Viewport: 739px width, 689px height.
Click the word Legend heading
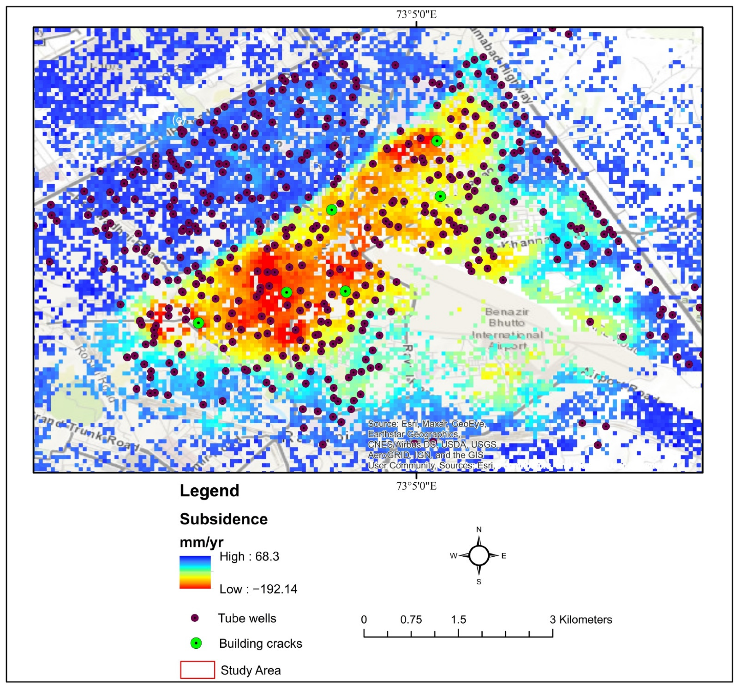click(x=209, y=491)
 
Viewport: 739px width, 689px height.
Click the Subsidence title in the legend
click(x=224, y=519)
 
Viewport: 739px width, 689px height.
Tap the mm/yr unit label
click(x=201, y=542)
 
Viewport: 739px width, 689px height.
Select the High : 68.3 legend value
click(x=249, y=556)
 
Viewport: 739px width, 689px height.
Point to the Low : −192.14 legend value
click(x=258, y=589)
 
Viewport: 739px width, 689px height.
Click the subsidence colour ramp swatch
click(x=195, y=572)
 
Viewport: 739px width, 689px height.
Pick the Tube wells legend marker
click(x=195, y=618)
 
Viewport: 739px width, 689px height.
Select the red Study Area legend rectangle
click(x=197, y=670)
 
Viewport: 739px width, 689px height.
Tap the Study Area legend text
click(x=251, y=670)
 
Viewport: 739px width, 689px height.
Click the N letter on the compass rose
click(x=479, y=529)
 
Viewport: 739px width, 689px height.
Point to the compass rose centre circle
click(x=479, y=555)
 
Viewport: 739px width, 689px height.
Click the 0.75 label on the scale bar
click(x=411, y=620)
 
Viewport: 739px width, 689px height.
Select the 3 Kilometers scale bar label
click(x=580, y=620)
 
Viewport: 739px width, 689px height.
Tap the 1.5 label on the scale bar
click(x=458, y=620)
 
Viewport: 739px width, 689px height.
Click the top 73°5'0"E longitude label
click(x=416, y=15)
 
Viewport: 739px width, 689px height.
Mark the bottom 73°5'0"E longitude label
click(x=416, y=486)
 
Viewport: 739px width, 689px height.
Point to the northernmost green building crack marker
click(x=437, y=141)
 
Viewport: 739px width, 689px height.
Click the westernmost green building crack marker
click(x=198, y=323)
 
